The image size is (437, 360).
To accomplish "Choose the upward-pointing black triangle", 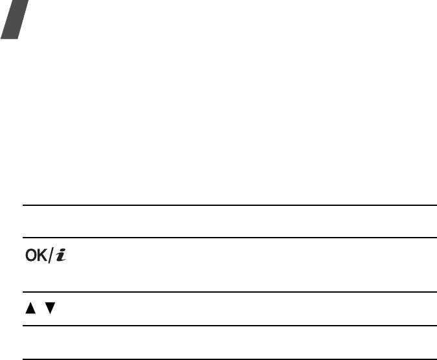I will tap(30, 309).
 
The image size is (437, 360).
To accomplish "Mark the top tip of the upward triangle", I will tap(30, 304).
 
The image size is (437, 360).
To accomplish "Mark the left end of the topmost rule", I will tap(24, 205).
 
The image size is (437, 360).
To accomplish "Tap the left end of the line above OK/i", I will tap(24, 238).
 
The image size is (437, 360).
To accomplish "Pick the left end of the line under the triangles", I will tap(24, 326).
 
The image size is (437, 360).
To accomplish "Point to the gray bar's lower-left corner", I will tap(2, 38).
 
